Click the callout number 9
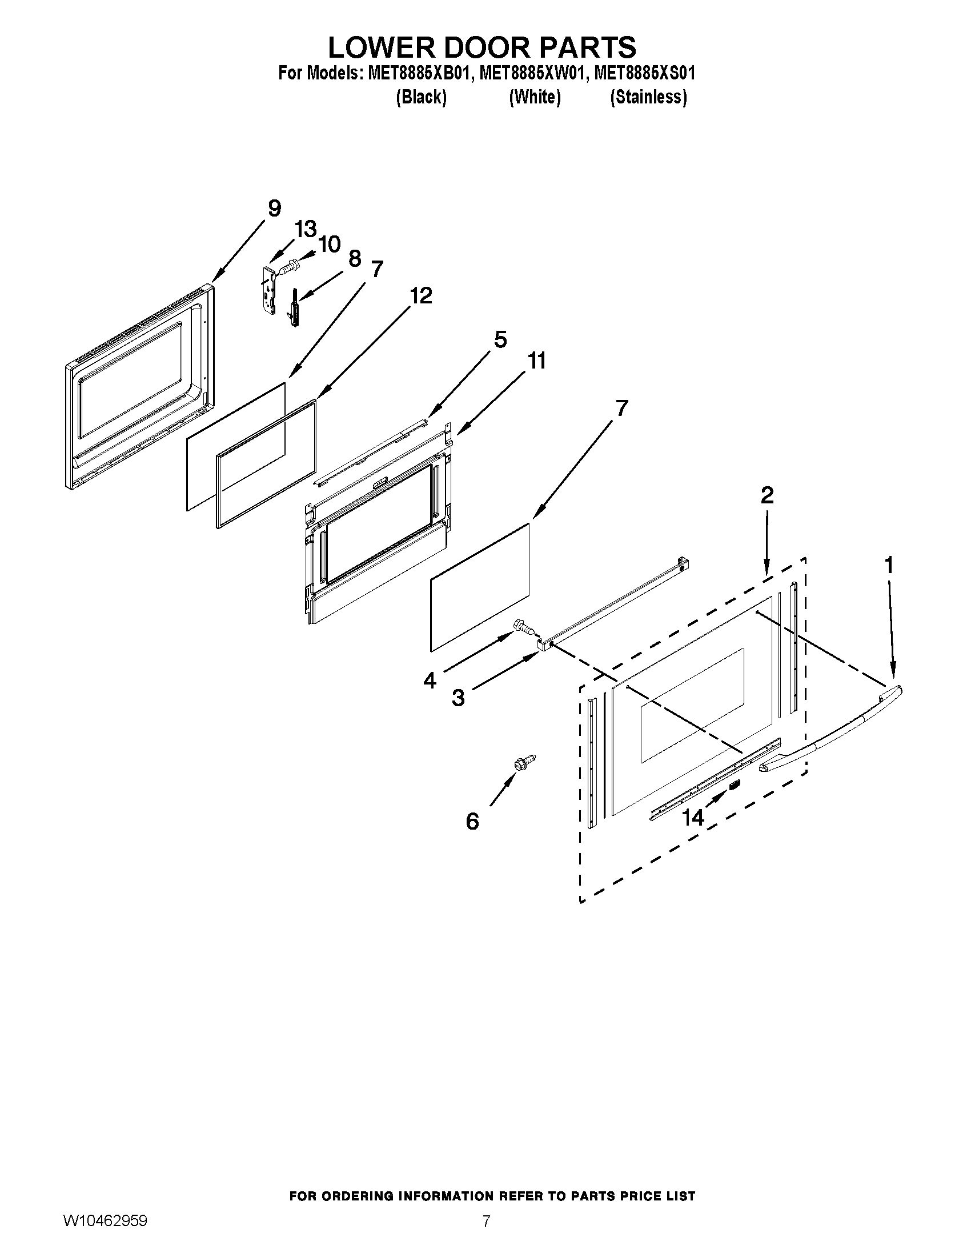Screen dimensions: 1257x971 274,209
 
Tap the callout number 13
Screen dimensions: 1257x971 306,229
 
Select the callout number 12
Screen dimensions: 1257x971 421,296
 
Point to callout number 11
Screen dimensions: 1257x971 536,361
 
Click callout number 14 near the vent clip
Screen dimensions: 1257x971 693,817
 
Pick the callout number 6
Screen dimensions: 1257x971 472,821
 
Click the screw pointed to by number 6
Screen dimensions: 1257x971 524,762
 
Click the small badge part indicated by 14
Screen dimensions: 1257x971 734,784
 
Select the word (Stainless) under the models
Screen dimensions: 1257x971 648,97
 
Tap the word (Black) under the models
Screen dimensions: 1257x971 421,97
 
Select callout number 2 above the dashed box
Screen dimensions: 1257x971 767,495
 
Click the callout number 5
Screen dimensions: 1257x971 500,339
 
